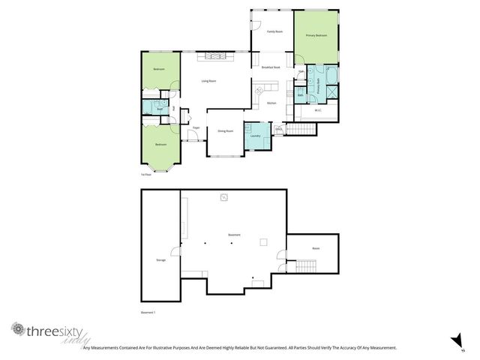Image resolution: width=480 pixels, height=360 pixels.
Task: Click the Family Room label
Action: [x=274, y=31]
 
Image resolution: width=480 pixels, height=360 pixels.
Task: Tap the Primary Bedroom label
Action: [x=316, y=35]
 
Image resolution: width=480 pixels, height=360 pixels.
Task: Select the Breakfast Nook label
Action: [x=271, y=67]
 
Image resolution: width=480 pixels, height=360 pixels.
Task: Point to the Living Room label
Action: [x=208, y=80]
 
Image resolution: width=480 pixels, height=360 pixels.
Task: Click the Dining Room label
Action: [x=225, y=130]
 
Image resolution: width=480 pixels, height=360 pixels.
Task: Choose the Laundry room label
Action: [x=255, y=136]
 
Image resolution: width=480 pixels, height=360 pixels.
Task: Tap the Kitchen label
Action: [x=271, y=103]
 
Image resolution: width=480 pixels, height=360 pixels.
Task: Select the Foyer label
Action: [x=196, y=128]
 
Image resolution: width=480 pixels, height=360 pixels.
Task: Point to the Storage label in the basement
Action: [x=160, y=259]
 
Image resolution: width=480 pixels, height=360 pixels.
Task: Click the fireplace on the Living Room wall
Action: [x=215, y=56]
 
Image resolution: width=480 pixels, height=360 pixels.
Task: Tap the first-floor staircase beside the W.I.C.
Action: [x=304, y=129]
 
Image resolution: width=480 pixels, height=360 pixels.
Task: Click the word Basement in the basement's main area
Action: [x=234, y=235]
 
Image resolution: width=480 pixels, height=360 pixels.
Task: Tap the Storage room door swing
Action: [x=175, y=253]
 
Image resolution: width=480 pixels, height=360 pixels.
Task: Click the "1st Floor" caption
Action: [x=146, y=174]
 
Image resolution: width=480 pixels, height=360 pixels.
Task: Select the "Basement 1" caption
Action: [x=151, y=311]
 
